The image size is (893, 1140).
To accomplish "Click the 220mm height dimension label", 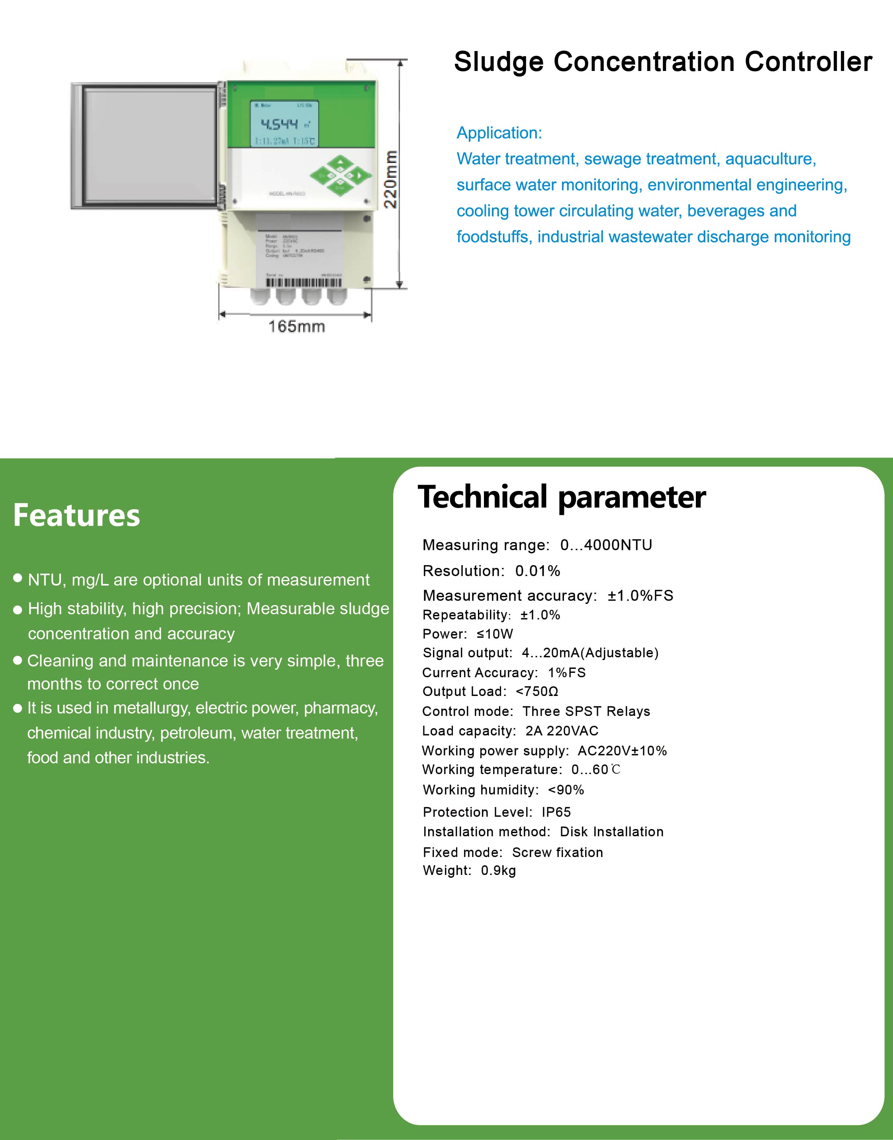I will pos(391,179).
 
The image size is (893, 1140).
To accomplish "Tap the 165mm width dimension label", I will pos(296,326).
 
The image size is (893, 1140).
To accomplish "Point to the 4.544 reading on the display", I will pos(279,124).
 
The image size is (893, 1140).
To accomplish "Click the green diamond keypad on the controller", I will pos(341,176).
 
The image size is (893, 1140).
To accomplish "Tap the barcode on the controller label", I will pos(304,283).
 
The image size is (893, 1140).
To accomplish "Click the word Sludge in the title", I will pos(499,62).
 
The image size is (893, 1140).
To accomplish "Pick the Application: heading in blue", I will pos(499,133).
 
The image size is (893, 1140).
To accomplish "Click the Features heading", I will pos(77,515).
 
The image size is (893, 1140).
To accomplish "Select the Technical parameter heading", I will pos(562,497).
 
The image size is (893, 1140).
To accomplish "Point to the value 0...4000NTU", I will pos(606,545).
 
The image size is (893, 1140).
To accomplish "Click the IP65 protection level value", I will pos(556,812).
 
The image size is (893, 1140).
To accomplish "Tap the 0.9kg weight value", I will pos(498,871).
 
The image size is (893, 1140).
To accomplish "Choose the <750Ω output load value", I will pos(537,692).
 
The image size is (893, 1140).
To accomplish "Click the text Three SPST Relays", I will pos(586,712).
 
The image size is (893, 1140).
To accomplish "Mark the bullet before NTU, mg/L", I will pos(18,578).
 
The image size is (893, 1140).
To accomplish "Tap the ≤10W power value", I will pos(495,634).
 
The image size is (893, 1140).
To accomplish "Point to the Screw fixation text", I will pos(557,852).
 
